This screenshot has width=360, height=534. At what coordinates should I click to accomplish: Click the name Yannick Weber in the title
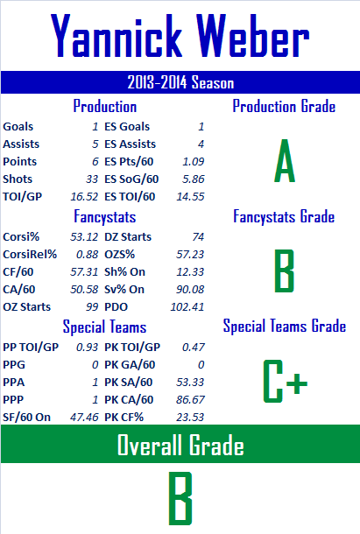point(180,35)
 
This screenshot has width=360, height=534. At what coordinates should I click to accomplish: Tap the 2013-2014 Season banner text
point(180,82)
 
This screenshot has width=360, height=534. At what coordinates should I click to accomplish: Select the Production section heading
point(104,106)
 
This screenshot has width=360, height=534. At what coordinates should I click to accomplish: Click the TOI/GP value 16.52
point(84,196)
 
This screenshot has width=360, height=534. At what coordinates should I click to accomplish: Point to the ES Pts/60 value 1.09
point(194,161)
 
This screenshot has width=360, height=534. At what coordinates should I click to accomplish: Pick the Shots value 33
point(92,179)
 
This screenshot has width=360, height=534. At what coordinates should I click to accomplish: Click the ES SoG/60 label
point(131,179)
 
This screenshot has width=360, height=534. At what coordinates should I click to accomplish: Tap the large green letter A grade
point(285,160)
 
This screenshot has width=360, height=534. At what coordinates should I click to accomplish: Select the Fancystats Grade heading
point(284,216)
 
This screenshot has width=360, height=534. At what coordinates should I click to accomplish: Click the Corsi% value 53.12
point(84,236)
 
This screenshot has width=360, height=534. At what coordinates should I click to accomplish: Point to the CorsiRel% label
point(30,255)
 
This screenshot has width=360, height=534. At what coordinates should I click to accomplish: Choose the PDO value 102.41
point(187,307)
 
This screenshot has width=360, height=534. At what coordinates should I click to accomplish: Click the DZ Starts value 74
point(198,236)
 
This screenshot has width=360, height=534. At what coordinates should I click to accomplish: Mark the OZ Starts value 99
point(92,307)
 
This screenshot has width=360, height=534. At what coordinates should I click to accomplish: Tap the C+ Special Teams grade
point(285,382)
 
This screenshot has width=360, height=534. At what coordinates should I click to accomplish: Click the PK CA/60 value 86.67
point(190,399)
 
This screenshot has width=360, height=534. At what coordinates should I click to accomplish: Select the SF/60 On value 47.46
point(84,418)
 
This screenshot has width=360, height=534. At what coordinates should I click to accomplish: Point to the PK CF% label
point(124,418)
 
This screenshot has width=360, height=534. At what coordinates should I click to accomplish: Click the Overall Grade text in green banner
point(180,445)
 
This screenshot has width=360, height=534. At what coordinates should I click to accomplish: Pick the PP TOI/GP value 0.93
point(87,347)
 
